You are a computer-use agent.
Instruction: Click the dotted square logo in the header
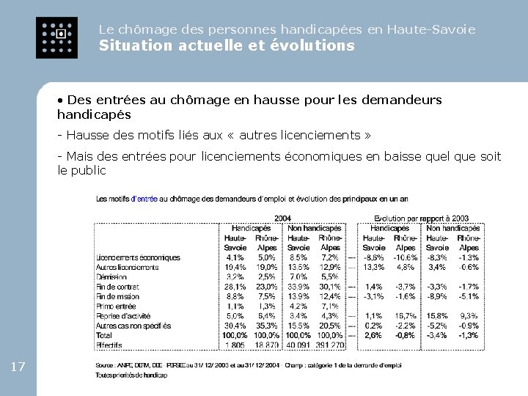pyautogui.click(x=56, y=36)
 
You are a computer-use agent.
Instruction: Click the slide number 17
pyautogui.click(x=19, y=366)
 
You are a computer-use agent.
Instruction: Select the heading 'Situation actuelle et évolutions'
pyautogui.click(x=227, y=45)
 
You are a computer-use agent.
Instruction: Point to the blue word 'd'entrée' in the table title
pyautogui.click(x=144, y=199)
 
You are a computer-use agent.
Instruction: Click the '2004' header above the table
pyautogui.click(x=283, y=218)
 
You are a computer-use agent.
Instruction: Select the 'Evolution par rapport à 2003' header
pyautogui.click(x=421, y=218)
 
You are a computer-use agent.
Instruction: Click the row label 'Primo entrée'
pyautogui.click(x=116, y=306)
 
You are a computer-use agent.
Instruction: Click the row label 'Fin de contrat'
pyautogui.click(x=117, y=287)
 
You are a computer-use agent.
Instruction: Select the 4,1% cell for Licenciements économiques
pyautogui.click(x=235, y=257)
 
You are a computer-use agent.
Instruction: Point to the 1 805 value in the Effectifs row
pyautogui.click(x=235, y=345)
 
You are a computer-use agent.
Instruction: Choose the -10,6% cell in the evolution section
pyautogui.click(x=405, y=257)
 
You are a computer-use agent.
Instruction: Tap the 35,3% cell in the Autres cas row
pyautogui.click(x=266, y=325)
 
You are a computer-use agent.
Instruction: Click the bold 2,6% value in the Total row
pyautogui.click(x=373, y=335)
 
